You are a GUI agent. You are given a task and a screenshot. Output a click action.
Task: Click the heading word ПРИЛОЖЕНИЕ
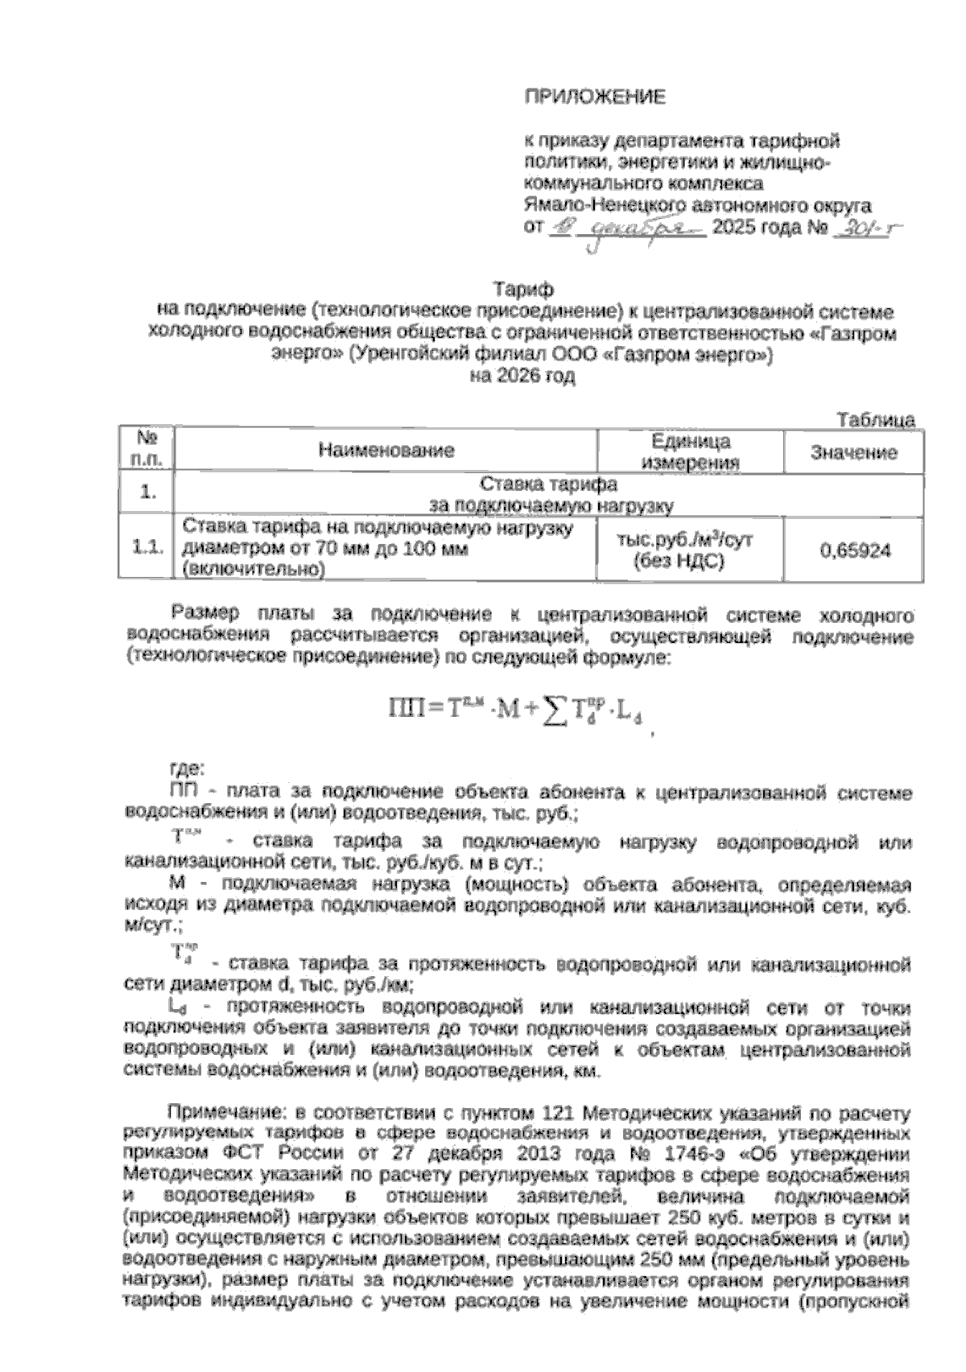pos(595,98)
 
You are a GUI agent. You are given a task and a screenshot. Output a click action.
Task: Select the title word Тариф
pos(522,287)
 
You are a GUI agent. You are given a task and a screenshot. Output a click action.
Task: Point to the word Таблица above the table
pos(876,419)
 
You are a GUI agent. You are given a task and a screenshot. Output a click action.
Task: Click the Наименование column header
pos(386,451)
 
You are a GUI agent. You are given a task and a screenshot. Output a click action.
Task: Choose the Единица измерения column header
pos(690,451)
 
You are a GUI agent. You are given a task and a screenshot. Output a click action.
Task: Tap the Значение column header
pos(853,452)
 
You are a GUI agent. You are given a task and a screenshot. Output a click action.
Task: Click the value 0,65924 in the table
pos(854,550)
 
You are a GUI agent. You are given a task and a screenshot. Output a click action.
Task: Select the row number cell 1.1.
pos(147,549)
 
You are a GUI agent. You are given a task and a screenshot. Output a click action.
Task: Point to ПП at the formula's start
pos(407,709)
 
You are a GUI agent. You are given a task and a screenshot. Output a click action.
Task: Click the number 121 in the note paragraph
pos(553,1114)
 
